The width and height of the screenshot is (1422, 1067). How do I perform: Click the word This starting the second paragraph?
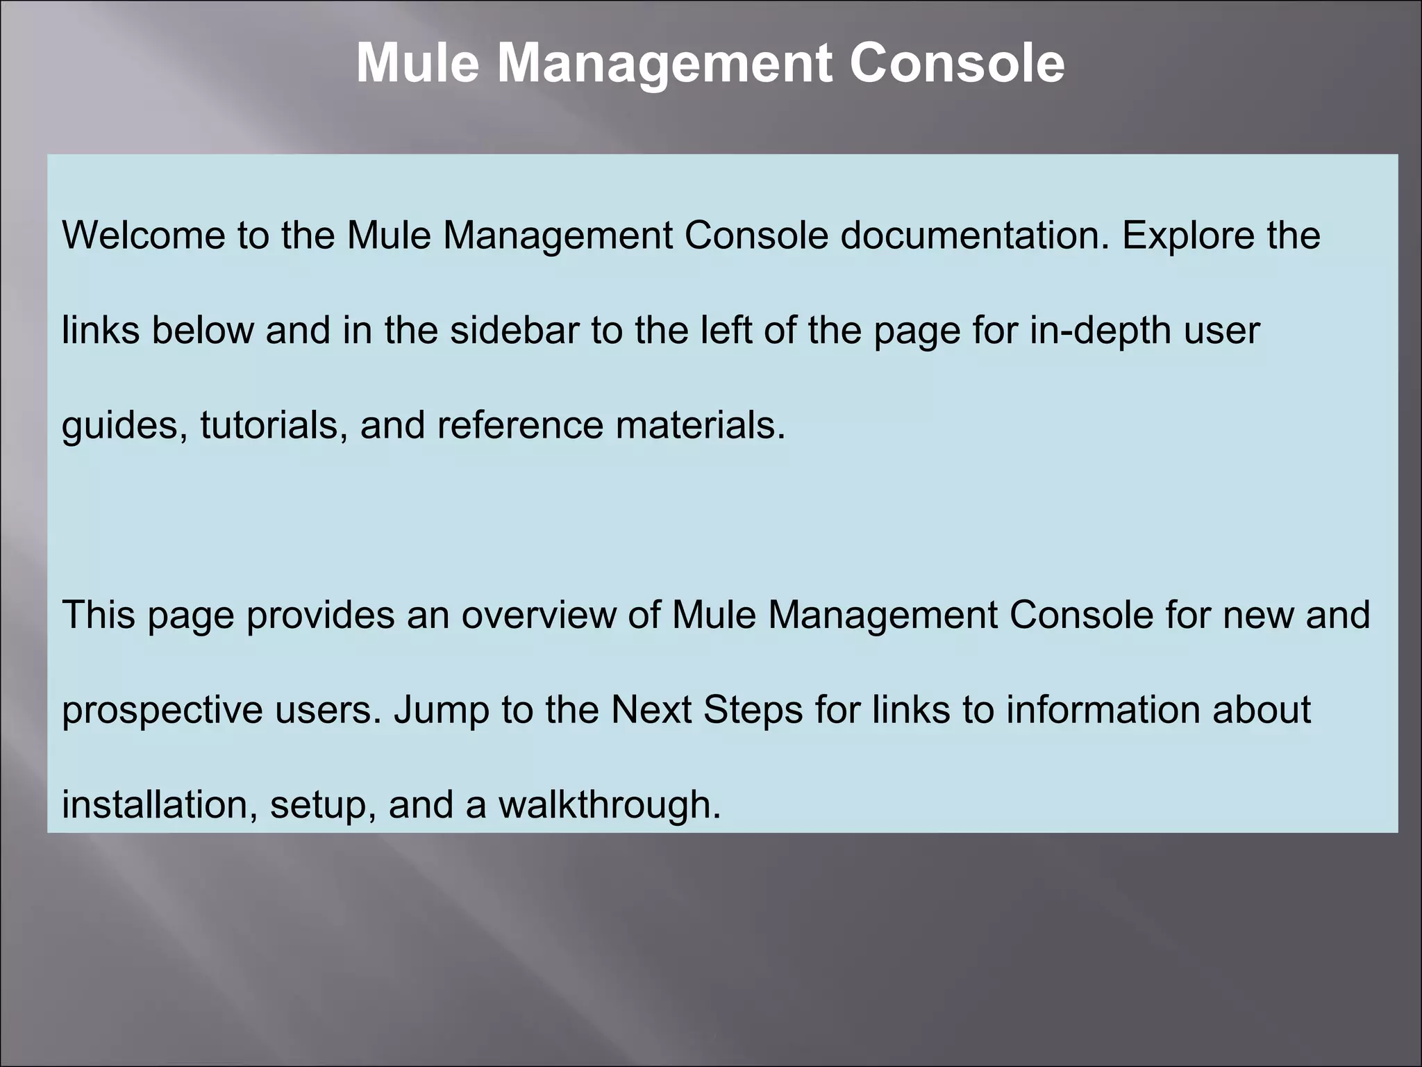99,615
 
